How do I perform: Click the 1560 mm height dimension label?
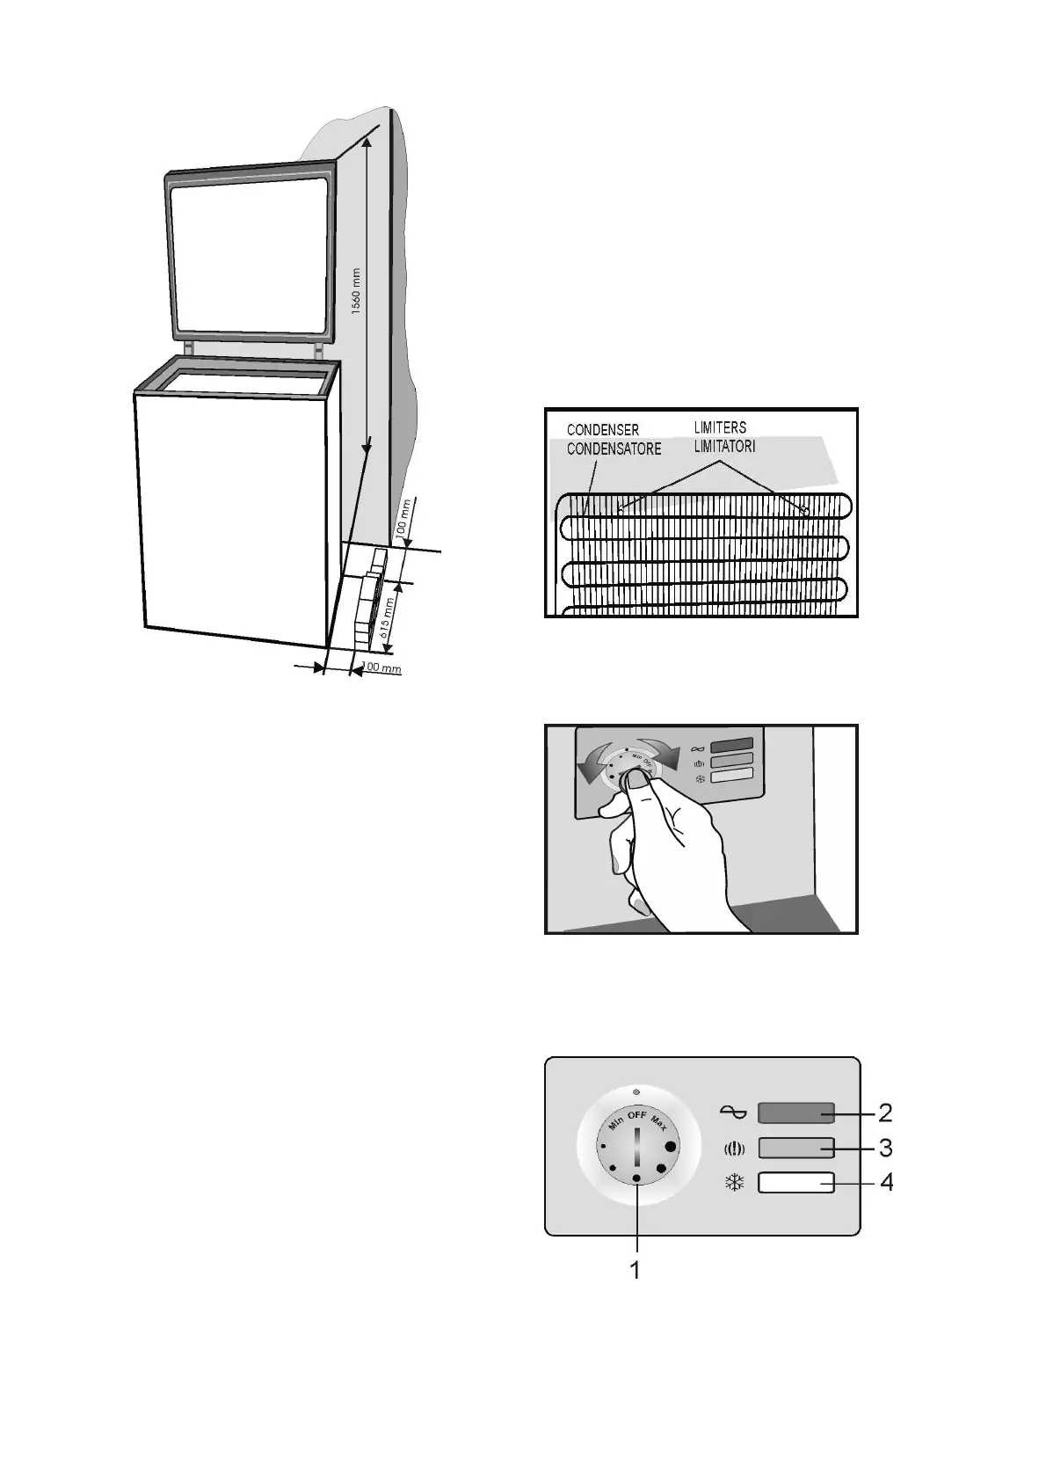pyautogui.click(x=355, y=291)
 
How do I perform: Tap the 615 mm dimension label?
pyautogui.click(x=387, y=618)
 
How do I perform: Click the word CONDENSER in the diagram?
pyautogui.click(x=602, y=430)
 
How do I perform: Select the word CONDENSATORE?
pyautogui.click(x=614, y=449)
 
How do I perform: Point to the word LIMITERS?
pyautogui.click(x=720, y=428)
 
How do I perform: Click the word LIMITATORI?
pyautogui.click(x=724, y=446)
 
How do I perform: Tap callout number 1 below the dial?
pyautogui.click(x=635, y=1271)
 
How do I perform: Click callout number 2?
pyautogui.click(x=885, y=1113)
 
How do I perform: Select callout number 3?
pyautogui.click(x=885, y=1148)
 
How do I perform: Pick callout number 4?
pyautogui.click(x=886, y=1183)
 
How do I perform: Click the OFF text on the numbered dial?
pyautogui.click(x=636, y=1115)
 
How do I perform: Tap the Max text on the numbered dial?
pyautogui.click(x=660, y=1123)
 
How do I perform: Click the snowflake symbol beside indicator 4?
pyautogui.click(x=734, y=1183)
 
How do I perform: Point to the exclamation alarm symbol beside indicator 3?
pyautogui.click(x=734, y=1149)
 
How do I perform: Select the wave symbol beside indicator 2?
pyautogui.click(x=734, y=1113)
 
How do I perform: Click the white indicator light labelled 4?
pyautogui.click(x=795, y=1183)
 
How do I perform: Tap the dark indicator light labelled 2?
pyautogui.click(x=795, y=1113)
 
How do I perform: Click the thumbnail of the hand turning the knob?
pyautogui.click(x=701, y=828)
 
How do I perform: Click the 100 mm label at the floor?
pyautogui.click(x=381, y=668)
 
